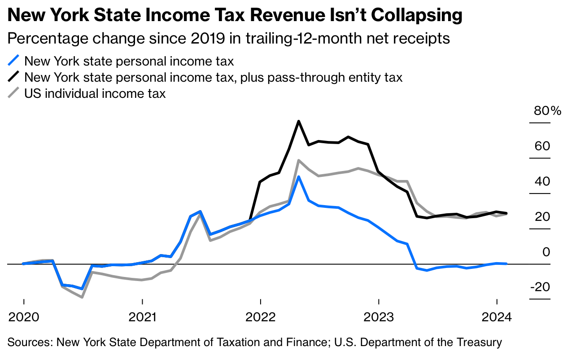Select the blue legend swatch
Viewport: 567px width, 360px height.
14,61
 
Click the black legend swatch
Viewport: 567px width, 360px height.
14,77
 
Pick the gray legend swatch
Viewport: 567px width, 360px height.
14,94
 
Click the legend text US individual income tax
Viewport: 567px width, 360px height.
95,94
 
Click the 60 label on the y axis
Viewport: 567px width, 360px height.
541,146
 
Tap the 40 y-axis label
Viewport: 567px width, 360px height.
541,182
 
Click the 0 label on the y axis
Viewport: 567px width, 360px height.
546,252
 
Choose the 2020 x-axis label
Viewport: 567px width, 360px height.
23,317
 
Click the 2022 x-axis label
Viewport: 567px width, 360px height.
260,317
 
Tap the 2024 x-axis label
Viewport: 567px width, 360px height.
497,317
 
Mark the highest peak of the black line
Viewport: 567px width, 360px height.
298,121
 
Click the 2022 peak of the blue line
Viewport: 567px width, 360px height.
298,177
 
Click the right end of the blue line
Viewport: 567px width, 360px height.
506,263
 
